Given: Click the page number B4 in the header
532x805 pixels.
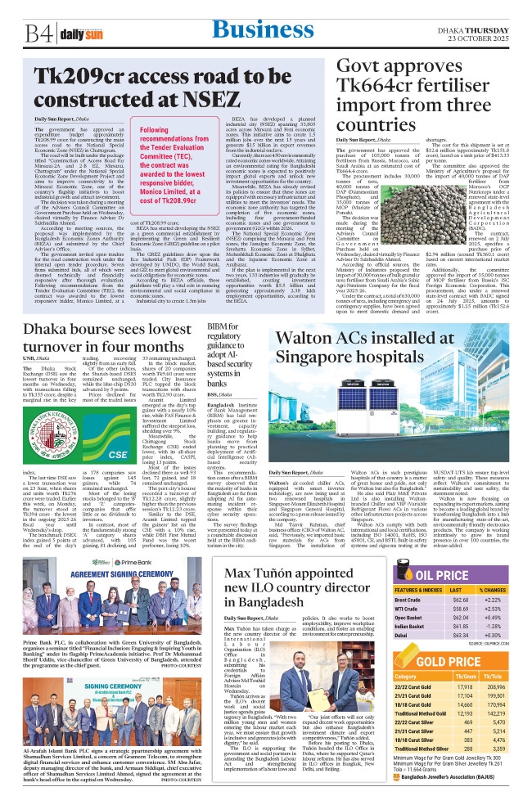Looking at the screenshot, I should click(35, 34).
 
